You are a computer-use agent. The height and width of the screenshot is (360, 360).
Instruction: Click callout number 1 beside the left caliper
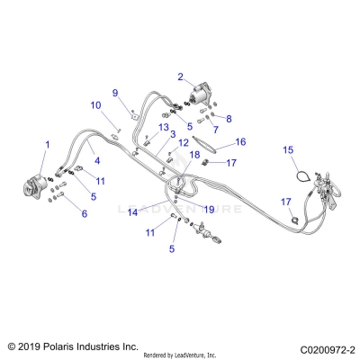click(48, 145)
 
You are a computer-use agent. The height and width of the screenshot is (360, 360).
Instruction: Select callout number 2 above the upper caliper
click(180, 76)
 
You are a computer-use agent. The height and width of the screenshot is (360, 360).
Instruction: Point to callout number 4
click(97, 160)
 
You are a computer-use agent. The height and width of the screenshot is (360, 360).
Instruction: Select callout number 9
click(115, 93)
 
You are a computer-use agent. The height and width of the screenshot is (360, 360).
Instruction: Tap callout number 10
click(95, 106)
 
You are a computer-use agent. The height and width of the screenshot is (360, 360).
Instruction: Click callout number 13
click(164, 128)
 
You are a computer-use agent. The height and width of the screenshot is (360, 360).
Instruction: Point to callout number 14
click(132, 212)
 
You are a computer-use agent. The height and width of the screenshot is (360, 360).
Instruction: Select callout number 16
click(240, 141)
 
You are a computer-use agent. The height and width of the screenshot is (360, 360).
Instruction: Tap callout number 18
click(193, 155)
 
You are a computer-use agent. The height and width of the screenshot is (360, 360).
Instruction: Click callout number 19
click(208, 209)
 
